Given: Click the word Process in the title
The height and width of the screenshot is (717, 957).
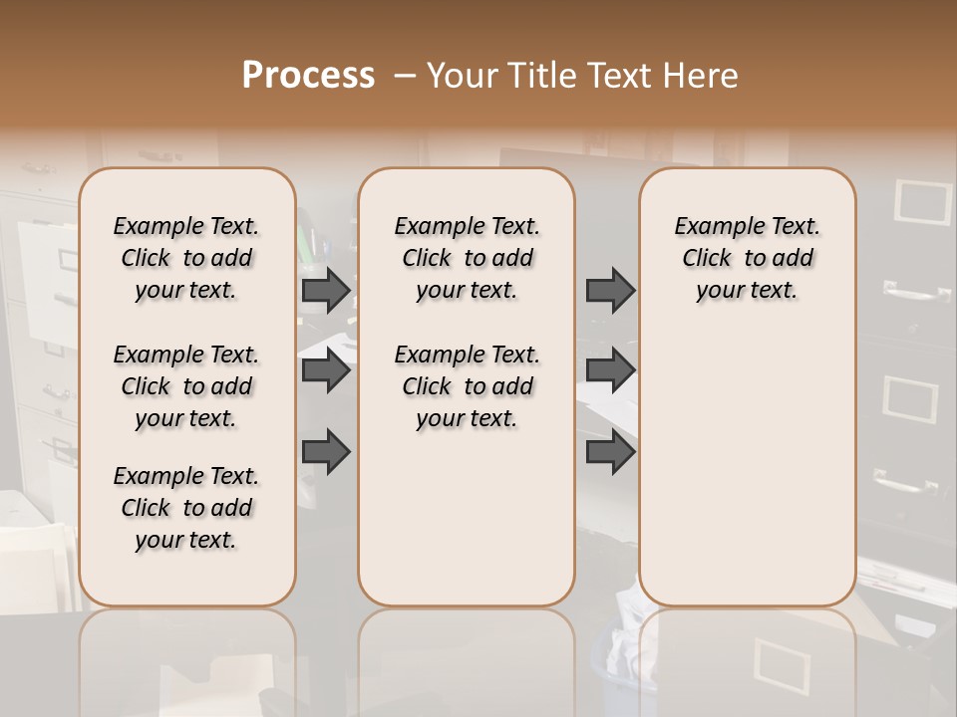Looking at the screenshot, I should point(308,76).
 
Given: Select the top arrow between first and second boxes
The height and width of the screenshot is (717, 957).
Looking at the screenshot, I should point(326,290).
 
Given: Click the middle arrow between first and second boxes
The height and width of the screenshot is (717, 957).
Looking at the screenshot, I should point(326,370).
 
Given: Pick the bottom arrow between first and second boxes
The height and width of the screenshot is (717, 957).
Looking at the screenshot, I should point(326,451).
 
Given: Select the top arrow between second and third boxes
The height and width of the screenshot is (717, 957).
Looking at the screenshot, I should point(610,290).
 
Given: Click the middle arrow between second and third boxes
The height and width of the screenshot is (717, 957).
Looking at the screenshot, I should point(610,370).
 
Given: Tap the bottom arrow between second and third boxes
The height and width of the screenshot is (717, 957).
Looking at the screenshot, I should point(610,451).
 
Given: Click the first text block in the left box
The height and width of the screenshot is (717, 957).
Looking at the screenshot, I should point(186,258).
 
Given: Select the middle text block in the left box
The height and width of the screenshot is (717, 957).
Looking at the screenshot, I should point(186,386).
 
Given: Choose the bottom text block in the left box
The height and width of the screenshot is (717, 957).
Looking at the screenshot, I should point(186,508).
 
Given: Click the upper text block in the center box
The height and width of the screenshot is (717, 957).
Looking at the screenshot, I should point(467,258).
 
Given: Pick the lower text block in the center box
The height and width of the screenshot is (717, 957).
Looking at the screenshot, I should point(467,386).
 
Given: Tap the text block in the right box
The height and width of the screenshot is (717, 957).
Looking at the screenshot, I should point(747,258).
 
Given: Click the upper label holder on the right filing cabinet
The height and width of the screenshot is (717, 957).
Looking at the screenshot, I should point(924,200).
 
